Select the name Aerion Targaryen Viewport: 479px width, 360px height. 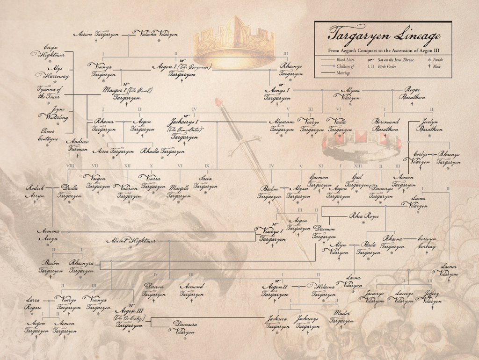(x=97, y=34)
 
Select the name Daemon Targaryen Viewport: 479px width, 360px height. (x=324, y=233)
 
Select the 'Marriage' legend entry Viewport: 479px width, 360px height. (x=342, y=73)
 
